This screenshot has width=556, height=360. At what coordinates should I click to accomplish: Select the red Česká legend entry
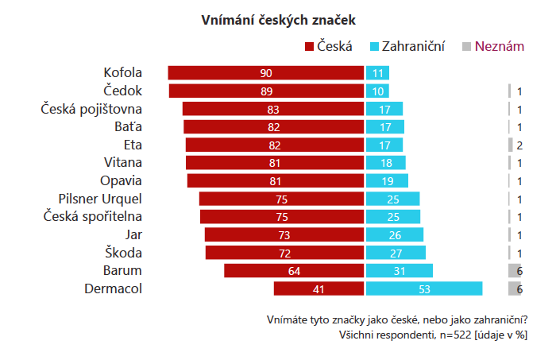point(328,47)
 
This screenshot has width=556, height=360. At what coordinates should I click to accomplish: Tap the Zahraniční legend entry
point(407,47)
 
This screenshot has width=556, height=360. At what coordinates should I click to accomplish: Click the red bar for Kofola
point(266,73)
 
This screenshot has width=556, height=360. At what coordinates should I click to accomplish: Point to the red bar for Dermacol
point(319,288)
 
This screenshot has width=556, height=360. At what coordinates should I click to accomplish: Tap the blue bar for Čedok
point(377,91)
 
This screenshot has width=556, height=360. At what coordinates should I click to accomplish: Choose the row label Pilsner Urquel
point(100,199)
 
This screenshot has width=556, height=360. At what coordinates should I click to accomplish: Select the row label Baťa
point(128,126)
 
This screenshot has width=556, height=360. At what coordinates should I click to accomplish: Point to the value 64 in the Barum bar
point(294,271)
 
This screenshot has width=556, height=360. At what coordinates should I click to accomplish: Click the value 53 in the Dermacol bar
point(424,289)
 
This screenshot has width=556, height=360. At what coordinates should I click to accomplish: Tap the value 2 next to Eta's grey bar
point(519,145)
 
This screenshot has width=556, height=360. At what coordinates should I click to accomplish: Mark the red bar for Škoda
point(284,253)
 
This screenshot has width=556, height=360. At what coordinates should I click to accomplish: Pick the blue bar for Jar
point(395,234)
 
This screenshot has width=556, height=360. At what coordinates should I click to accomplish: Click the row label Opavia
point(122,180)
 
